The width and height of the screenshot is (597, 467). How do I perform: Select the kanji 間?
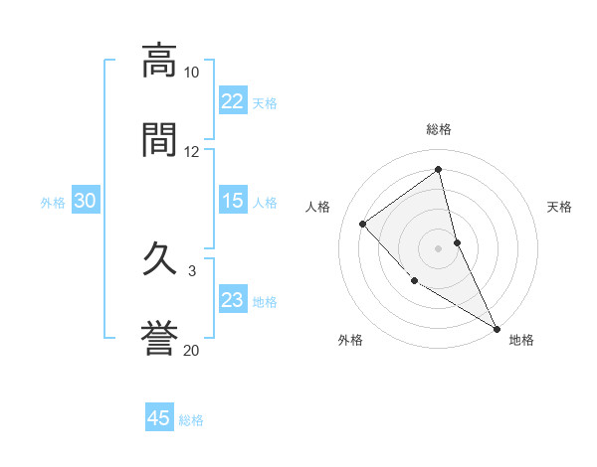pyautogui.click(x=159, y=138)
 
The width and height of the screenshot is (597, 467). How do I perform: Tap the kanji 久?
pyautogui.click(x=159, y=261)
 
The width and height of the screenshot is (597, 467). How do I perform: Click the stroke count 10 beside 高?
pyautogui.click(x=191, y=73)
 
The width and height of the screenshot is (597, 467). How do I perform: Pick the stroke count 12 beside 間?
pyautogui.click(x=191, y=152)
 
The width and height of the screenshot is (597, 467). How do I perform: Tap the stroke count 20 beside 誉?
pyautogui.click(x=191, y=350)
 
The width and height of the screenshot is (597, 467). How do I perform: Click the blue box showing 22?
pyautogui.click(x=233, y=101)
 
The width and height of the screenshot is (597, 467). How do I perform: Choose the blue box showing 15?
pyautogui.click(x=233, y=202)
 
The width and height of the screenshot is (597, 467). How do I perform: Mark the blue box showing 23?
pyautogui.click(x=233, y=301)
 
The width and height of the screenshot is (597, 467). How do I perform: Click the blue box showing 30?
pyautogui.click(x=86, y=202)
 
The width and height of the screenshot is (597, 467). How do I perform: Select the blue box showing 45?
pyautogui.click(x=159, y=419)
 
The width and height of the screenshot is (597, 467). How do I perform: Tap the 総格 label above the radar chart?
pyautogui.click(x=439, y=129)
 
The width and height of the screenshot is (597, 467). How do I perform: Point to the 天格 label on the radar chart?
pyautogui.click(x=560, y=207)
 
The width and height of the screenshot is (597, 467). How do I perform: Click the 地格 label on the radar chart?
pyautogui.click(x=521, y=341)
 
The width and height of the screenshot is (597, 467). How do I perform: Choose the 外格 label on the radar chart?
pyautogui.click(x=350, y=341)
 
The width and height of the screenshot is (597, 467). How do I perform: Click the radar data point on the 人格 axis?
pyautogui.click(x=363, y=224)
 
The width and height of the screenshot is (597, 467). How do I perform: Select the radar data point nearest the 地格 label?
pyautogui.click(x=497, y=328)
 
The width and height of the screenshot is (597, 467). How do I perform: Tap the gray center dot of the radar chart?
pyautogui.click(x=438, y=247)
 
